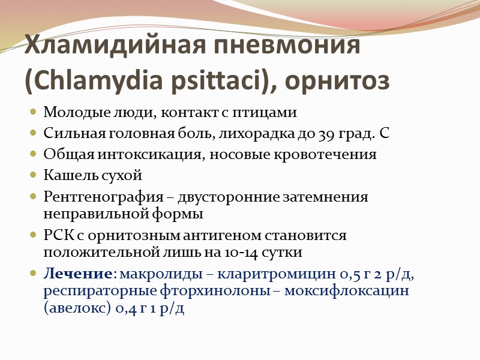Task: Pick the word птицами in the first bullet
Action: coord(265,113)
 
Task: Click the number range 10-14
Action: coord(244,251)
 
